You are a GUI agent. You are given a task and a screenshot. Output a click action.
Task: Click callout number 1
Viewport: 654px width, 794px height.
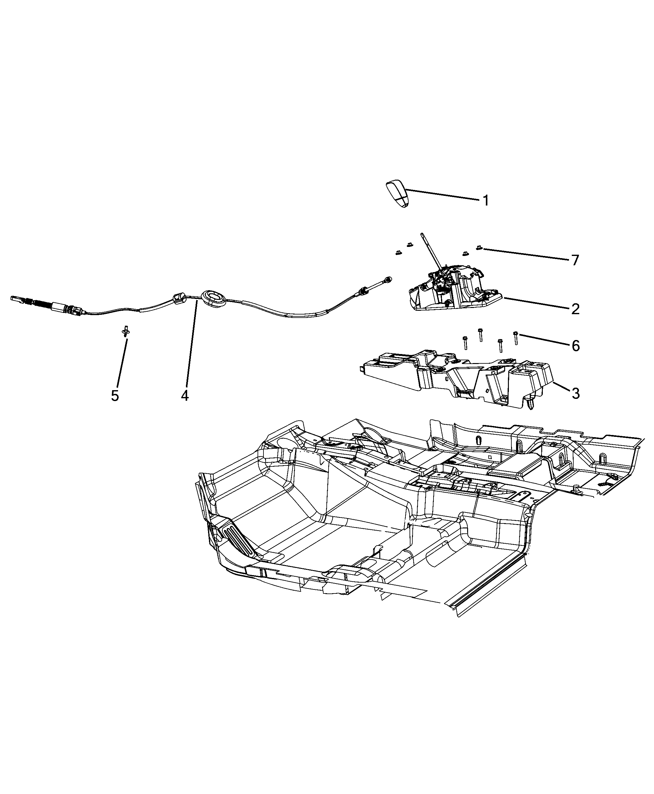486,201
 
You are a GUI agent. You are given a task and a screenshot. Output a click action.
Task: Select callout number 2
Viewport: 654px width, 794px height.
575,309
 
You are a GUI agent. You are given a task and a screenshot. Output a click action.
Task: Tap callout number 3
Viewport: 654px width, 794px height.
575,394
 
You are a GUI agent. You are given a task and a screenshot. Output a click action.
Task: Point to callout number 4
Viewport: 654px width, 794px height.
185,395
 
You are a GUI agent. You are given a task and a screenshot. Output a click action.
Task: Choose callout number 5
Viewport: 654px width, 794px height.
115,395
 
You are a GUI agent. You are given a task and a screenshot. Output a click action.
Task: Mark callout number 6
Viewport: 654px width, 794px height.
576,345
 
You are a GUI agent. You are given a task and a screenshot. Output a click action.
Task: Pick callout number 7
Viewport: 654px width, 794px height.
575,260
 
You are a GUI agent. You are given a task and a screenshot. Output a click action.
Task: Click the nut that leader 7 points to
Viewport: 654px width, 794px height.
479,248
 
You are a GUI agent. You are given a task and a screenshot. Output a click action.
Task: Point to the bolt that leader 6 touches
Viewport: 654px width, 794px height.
516,338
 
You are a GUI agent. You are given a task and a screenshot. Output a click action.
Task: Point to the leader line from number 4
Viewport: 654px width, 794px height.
191,342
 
